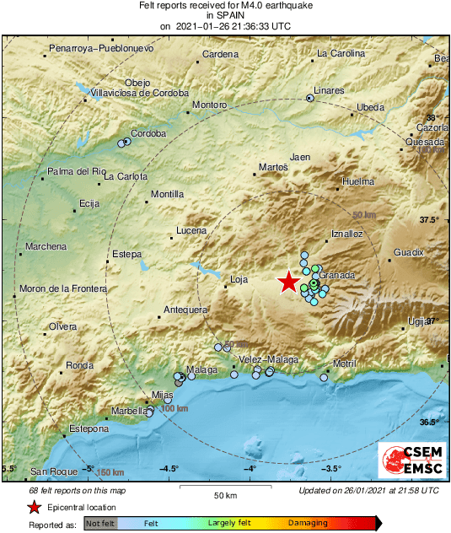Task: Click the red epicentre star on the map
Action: pos(289,282)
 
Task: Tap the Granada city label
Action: pos(336,276)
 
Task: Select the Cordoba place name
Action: pos(149,133)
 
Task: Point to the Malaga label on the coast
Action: pos(201,370)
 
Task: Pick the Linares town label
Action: pos(329,90)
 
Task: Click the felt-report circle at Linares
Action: pos(309,99)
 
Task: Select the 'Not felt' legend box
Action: pos(100,523)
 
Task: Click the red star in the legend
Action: pos(34,507)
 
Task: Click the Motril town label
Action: pos(344,363)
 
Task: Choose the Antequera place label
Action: pos(185,310)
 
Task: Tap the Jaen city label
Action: pos(299,157)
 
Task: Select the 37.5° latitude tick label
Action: pos(430,220)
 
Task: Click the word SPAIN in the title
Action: pos(225,16)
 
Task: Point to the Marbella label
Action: pos(128,412)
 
